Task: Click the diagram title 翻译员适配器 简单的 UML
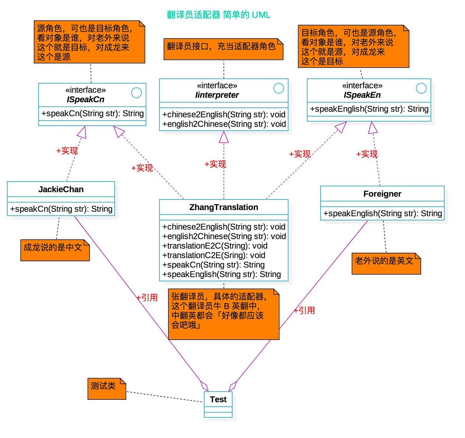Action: (219, 15)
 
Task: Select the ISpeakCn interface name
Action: (85, 100)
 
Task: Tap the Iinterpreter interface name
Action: (217, 95)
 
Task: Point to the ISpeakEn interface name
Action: (362, 95)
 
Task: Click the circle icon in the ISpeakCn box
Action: (136, 92)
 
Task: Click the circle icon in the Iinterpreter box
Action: (279, 88)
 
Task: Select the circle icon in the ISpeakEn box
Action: (421, 88)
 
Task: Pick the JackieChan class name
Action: (61, 189)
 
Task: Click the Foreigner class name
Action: (382, 194)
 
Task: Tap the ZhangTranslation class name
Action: (223, 207)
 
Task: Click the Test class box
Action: (218, 404)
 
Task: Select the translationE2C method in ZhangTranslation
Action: (214, 246)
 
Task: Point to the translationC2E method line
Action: (213, 255)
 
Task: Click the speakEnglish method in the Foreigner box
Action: (382, 213)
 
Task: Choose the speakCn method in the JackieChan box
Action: (61, 209)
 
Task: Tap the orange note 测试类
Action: (106, 389)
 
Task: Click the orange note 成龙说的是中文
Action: (55, 250)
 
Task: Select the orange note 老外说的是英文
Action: (386, 264)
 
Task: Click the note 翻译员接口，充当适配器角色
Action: (223, 49)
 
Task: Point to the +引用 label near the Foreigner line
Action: (304, 310)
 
